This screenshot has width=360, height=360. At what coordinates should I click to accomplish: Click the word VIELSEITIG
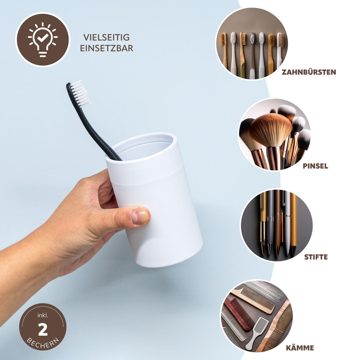pyautogui.click(x=106, y=37)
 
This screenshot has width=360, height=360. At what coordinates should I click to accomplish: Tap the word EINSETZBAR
pyautogui.click(x=106, y=48)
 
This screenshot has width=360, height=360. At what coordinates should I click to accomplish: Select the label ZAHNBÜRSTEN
pyautogui.click(x=309, y=72)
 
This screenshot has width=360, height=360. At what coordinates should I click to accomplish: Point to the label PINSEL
pyautogui.click(x=315, y=166)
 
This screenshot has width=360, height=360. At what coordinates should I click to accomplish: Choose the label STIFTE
pyautogui.click(x=316, y=257)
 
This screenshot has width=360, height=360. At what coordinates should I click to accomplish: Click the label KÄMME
pyautogui.click(x=300, y=348)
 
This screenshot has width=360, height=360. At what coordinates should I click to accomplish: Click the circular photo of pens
pyautogui.click(x=276, y=225)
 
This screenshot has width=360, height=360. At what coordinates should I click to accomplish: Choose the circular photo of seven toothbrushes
pyautogui.click(x=252, y=44)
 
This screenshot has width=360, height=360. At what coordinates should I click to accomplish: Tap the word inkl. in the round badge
pyautogui.click(x=43, y=316)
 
